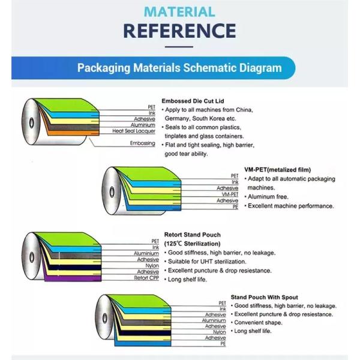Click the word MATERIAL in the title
179,11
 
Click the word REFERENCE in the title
179,30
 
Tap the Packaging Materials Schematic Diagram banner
179,68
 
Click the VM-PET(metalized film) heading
277,170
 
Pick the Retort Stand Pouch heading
192,235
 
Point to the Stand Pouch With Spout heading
265,297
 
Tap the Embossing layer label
143,143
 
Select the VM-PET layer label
230,194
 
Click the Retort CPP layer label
146,278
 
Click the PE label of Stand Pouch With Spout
223,344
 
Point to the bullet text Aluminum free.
271,197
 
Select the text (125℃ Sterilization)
192,244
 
